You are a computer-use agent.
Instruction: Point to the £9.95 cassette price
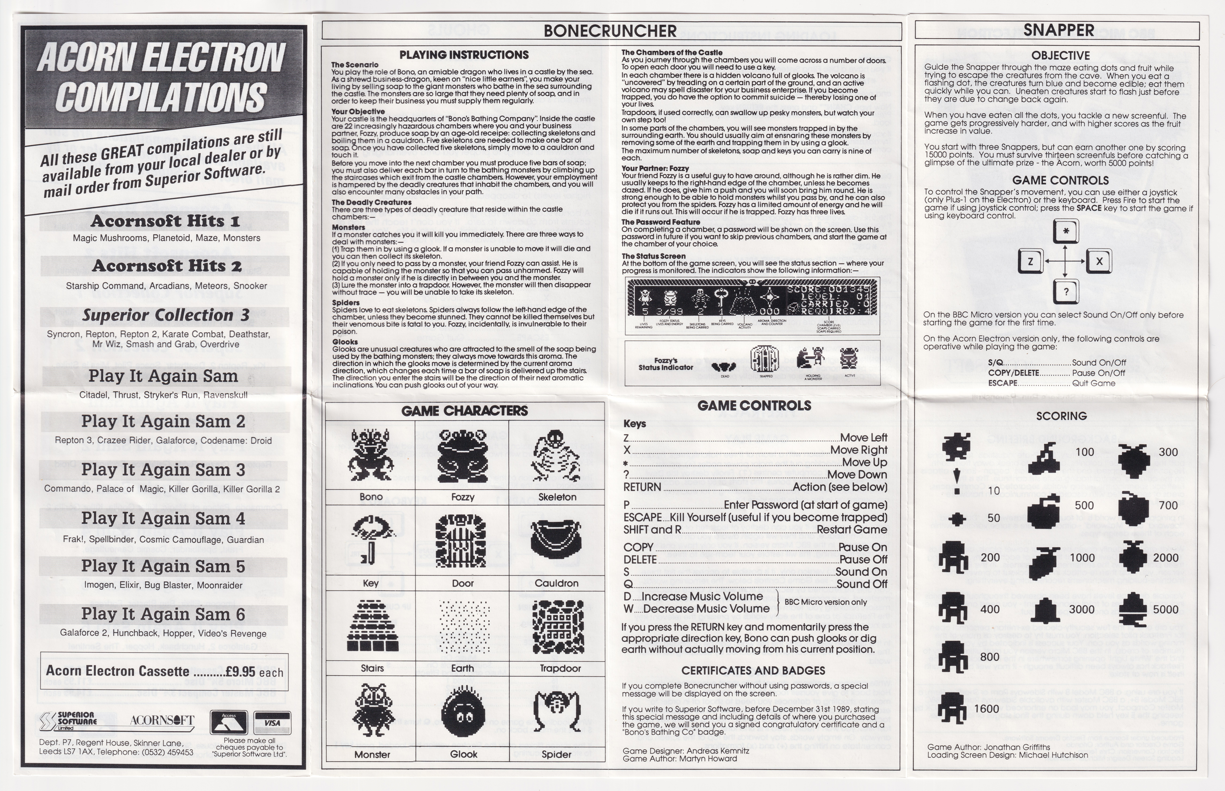click(240, 671)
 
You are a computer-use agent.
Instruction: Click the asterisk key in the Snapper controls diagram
click(1066, 231)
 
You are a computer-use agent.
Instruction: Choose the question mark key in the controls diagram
click(1066, 292)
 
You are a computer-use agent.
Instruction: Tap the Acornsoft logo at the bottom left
click(162, 720)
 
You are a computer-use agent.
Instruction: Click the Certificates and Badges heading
click(753, 670)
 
